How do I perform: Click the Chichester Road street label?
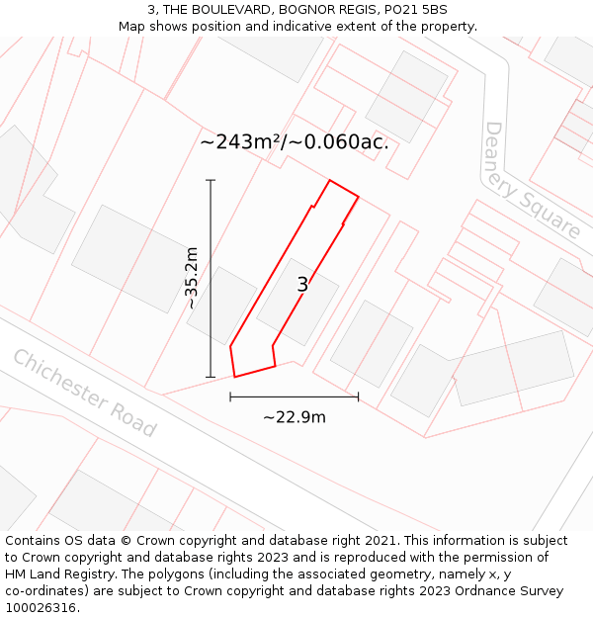(x=84, y=394)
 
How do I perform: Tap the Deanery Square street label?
(x=532, y=181)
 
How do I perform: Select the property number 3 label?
(x=302, y=286)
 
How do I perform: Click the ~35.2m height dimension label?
(x=192, y=278)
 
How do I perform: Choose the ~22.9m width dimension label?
(x=294, y=417)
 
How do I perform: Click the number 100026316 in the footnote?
(x=40, y=608)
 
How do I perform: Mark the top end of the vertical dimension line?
(x=211, y=180)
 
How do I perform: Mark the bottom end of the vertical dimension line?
(x=211, y=377)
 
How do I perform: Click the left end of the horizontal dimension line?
(x=230, y=397)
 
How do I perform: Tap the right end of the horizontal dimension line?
(x=358, y=397)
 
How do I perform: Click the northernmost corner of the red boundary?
(x=329, y=180)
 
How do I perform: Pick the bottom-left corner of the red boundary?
(x=235, y=377)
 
